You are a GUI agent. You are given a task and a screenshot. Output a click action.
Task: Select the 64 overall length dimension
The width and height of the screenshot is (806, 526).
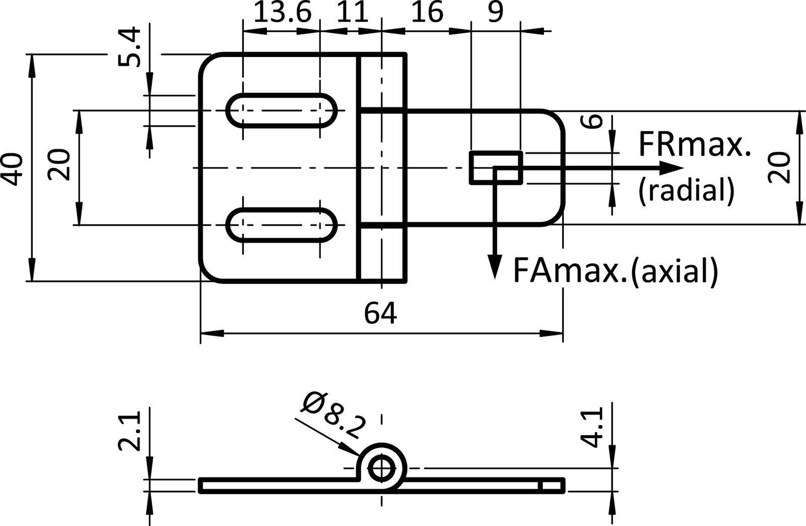(380, 314)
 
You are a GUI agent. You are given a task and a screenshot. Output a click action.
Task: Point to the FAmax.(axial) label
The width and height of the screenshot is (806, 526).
(615, 271)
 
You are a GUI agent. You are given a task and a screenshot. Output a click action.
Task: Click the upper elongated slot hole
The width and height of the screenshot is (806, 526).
(282, 110)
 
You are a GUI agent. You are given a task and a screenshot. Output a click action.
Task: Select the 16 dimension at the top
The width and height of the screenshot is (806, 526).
(427, 12)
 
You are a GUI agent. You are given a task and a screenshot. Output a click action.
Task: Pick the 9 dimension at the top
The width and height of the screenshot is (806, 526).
(495, 12)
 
